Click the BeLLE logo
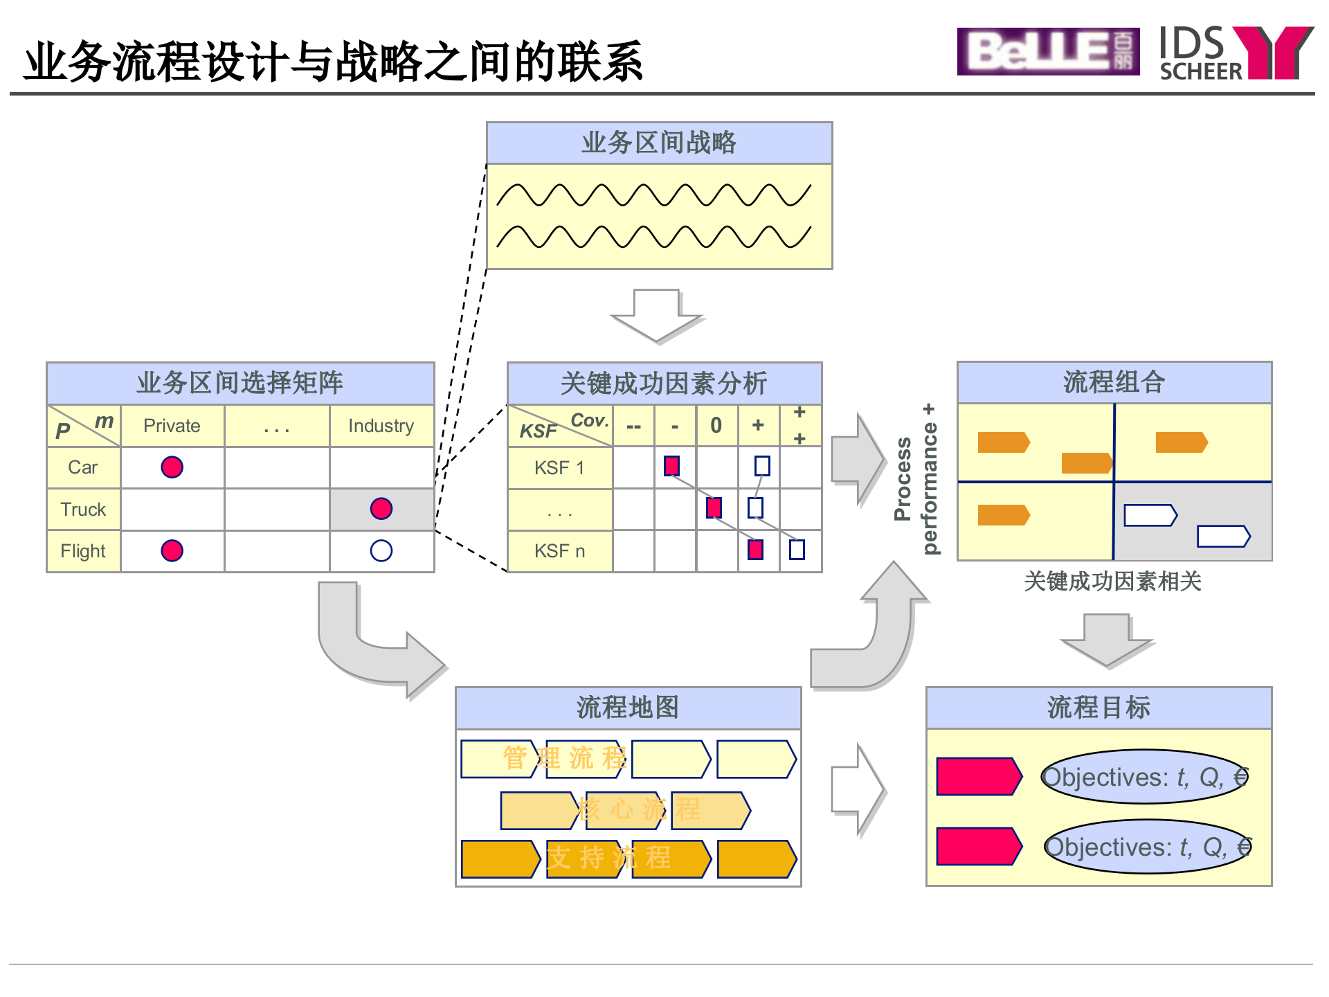(x=1047, y=51)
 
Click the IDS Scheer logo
(x=1236, y=53)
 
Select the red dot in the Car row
(x=172, y=467)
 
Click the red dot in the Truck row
(x=381, y=509)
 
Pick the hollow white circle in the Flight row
(x=381, y=550)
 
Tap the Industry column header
(x=381, y=426)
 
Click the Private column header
(x=172, y=426)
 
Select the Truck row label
(x=83, y=510)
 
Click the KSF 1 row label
(x=559, y=468)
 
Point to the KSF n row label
(x=559, y=551)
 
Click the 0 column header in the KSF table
(x=716, y=425)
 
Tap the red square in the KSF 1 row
(x=671, y=466)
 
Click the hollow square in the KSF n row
(x=797, y=550)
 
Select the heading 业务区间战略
(x=658, y=143)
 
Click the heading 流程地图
(x=628, y=708)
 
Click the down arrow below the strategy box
(x=656, y=315)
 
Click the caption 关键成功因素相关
(x=1112, y=582)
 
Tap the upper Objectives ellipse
(x=1144, y=777)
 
